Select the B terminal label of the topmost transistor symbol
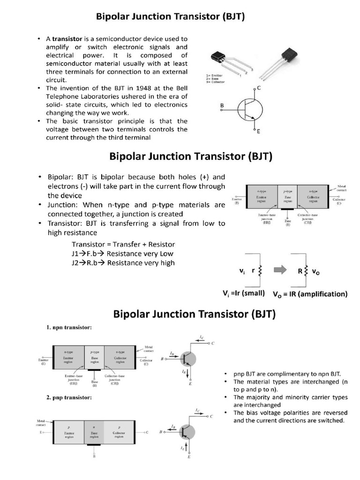222,106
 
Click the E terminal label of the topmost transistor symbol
258,132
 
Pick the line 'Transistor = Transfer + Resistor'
123,244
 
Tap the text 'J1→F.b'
85,254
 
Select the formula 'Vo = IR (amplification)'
310,294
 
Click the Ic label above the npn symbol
202,337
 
